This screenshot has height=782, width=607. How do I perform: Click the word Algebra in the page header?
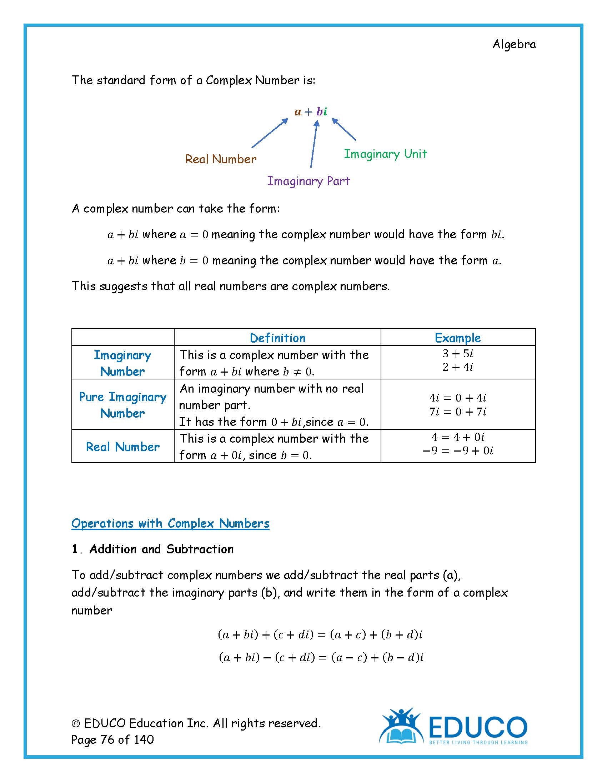coord(514,44)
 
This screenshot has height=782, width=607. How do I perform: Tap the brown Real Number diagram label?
coord(220,159)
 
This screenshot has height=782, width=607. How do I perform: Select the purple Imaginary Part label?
coord(308,181)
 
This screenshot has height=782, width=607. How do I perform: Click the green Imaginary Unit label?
coord(385,154)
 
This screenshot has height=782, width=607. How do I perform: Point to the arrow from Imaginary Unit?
coord(344,129)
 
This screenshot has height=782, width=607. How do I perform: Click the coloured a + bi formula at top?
coord(311,112)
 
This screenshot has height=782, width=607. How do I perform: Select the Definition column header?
coord(277,338)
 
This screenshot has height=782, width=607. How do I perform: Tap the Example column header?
coord(457,338)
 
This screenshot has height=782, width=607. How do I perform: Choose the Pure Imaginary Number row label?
coord(122,405)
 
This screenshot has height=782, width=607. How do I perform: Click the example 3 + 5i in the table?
coord(458,354)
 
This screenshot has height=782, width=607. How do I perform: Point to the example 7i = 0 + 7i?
coord(458,412)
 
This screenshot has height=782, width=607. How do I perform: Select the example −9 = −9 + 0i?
coord(458,450)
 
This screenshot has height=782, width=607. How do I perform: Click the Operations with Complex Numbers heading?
coord(170,523)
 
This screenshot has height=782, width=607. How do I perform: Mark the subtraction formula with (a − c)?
coord(321,657)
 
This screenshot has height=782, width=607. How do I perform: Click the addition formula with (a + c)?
coord(320,635)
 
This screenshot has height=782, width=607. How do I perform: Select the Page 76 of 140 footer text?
coord(112,739)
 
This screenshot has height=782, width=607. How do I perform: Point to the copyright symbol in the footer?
coord(76,724)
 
